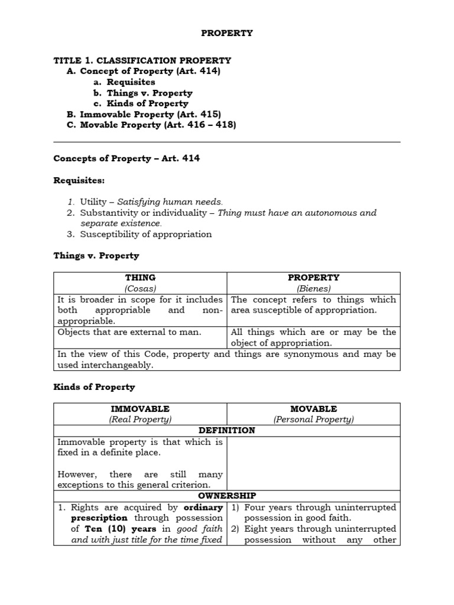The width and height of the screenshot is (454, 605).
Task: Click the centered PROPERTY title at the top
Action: tap(227, 33)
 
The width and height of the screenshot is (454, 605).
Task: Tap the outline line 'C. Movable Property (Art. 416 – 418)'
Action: tap(151, 125)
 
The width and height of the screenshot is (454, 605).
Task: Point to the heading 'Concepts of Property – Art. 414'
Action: tap(127, 158)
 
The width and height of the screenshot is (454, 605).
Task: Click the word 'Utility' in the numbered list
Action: tap(96, 202)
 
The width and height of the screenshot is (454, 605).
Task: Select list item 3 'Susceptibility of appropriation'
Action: tap(146, 234)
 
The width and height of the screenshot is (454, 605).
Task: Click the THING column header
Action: tap(140, 278)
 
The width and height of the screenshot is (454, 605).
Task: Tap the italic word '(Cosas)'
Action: tap(140, 288)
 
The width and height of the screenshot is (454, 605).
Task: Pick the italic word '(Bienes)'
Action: tap(313, 288)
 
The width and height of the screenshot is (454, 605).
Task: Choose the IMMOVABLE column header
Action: tap(140, 409)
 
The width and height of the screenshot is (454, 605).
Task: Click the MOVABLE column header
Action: tap(313, 409)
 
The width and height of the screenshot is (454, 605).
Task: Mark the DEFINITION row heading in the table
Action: tap(226, 431)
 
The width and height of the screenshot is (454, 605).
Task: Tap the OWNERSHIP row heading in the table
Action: tap(226, 496)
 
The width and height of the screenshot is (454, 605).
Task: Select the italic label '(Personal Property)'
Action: tap(313, 419)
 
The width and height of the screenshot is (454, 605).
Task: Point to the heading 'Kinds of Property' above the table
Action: tap(94, 387)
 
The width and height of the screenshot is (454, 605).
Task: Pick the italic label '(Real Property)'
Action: tap(140, 419)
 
